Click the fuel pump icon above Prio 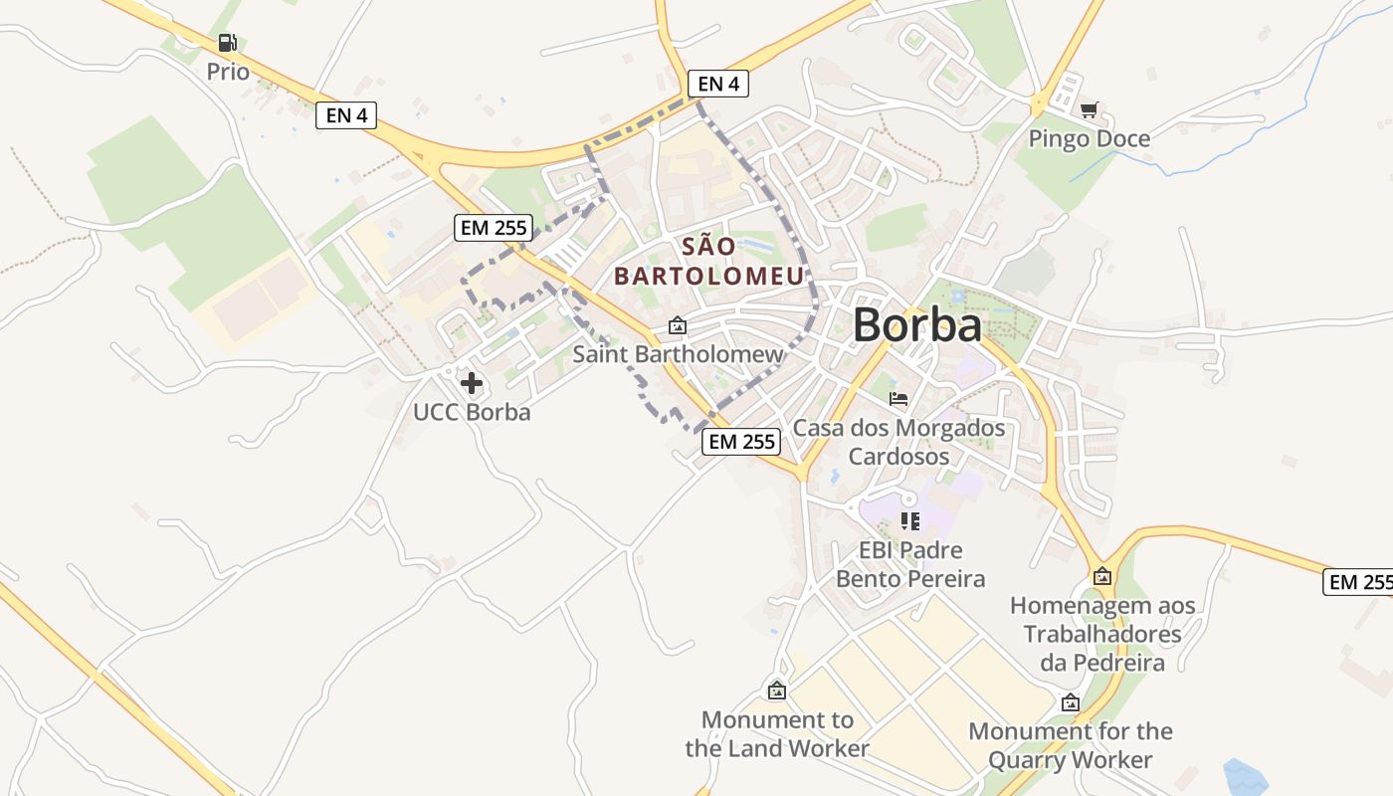pyautogui.click(x=228, y=43)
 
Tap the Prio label pyautogui.click(x=228, y=72)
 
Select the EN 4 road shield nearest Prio pyautogui.click(x=346, y=115)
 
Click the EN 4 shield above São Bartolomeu pyautogui.click(x=717, y=84)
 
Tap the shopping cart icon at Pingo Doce pyautogui.click(x=1090, y=110)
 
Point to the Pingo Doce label pyautogui.click(x=1089, y=138)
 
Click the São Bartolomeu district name pyautogui.click(x=708, y=262)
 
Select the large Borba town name pyautogui.click(x=916, y=324)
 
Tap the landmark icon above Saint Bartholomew pyautogui.click(x=678, y=325)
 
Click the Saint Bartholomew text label pyautogui.click(x=678, y=353)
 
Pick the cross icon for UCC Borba pyautogui.click(x=472, y=383)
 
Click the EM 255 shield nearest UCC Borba pyautogui.click(x=494, y=228)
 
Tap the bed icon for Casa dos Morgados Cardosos pyautogui.click(x=898, y=399)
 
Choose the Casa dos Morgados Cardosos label pyautogui.click(x=898, y=442)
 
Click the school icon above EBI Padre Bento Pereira pyautogui.click(x=909, y=520)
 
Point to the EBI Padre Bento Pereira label pyautogui.click(x=909, y=564)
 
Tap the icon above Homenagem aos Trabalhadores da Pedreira pyautogui.click(x=1102, y=576)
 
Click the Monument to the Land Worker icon pyautogui.click(x=777, y=691)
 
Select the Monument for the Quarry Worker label pyautogui.click(x=1071, y=745)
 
